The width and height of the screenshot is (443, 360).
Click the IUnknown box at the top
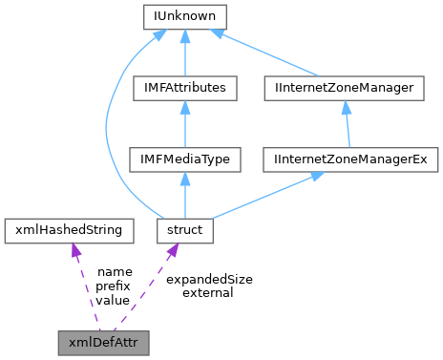coord(184,16)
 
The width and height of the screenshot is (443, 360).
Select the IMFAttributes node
coord(184,88)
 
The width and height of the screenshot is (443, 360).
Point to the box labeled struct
coord(184,230)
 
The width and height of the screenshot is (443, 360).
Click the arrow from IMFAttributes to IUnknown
coord(184,53)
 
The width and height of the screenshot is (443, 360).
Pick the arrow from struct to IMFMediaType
coord(184,195)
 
